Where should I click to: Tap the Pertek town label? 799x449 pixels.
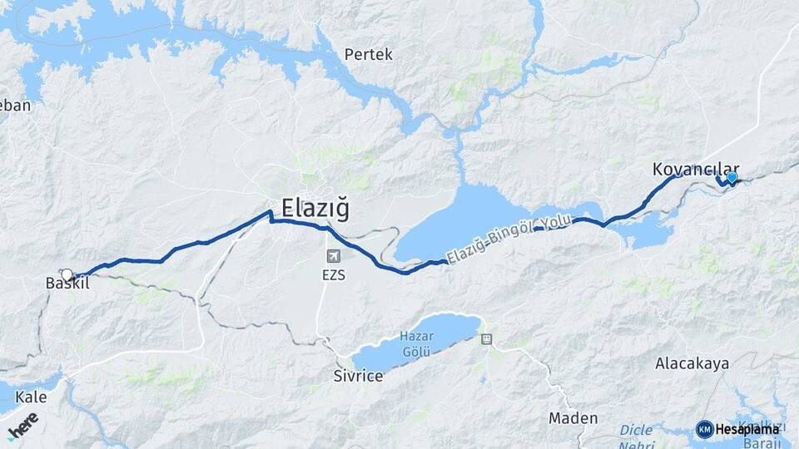pyautogui.click(x=368, y=55)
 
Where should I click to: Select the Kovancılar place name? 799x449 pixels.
pyautogui.click(x=684, y=170)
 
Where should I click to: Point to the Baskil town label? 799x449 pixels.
pyautogui.click(x=67, y=284)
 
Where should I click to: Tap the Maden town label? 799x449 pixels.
pyautogui.click(x=573, y=417)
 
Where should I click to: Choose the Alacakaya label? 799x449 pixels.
pyautogui.click(x=692, y=363)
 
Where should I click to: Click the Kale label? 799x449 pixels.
pyautogui.click(x=31, y=397)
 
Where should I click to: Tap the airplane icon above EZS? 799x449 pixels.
pyautogui.click(x=335, y=256)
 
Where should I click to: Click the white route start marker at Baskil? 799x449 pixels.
pyautogui.click(x=67, y=274)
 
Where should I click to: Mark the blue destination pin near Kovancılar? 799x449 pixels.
pyautogui.click(x=732, y=177)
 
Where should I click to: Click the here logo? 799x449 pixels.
pyautogui.click(x=22, y=425)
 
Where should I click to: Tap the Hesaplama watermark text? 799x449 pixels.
pyautogui.click(x=747, y=429)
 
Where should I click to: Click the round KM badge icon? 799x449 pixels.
pyautogui.click(x=704, y=429)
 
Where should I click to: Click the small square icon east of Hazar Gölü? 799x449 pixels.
pyautogui.click(x=486, y=338)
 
